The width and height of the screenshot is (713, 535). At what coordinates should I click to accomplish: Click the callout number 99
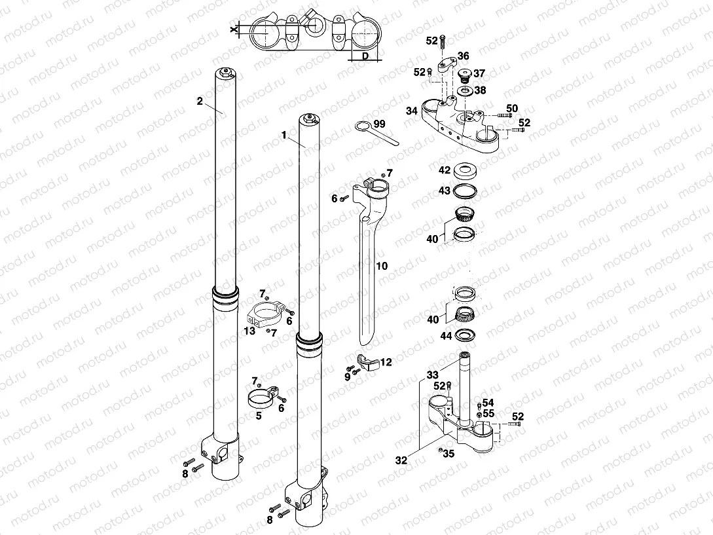click(380, 124)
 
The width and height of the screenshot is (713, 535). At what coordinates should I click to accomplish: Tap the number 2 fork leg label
click(200, 101)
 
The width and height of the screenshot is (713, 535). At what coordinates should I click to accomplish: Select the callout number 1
click(284, 135)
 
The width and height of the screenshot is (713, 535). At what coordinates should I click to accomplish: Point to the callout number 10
click(382, 267)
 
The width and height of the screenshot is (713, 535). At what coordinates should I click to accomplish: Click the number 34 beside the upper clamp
click(411, 111)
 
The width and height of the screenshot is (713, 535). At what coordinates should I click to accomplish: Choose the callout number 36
click(463, 56)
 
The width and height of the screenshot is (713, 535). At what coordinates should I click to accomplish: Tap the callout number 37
click(479, 73)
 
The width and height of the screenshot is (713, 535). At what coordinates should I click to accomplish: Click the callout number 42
click(445, 170)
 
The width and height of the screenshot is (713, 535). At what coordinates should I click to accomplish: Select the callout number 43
click(445, 190)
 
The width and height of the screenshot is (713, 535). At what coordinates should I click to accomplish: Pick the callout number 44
click(446, 336)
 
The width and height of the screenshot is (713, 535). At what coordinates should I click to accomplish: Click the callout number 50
click(512, 108)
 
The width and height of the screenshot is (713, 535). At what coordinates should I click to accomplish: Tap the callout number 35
click(448, 453)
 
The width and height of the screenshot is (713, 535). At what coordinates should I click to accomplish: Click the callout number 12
click(386, 361)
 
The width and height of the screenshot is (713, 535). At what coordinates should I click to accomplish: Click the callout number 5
click(259, 415)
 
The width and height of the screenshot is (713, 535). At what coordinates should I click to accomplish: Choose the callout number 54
click(488, 402)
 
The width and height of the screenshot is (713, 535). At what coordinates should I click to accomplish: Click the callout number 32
click(401, 460)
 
